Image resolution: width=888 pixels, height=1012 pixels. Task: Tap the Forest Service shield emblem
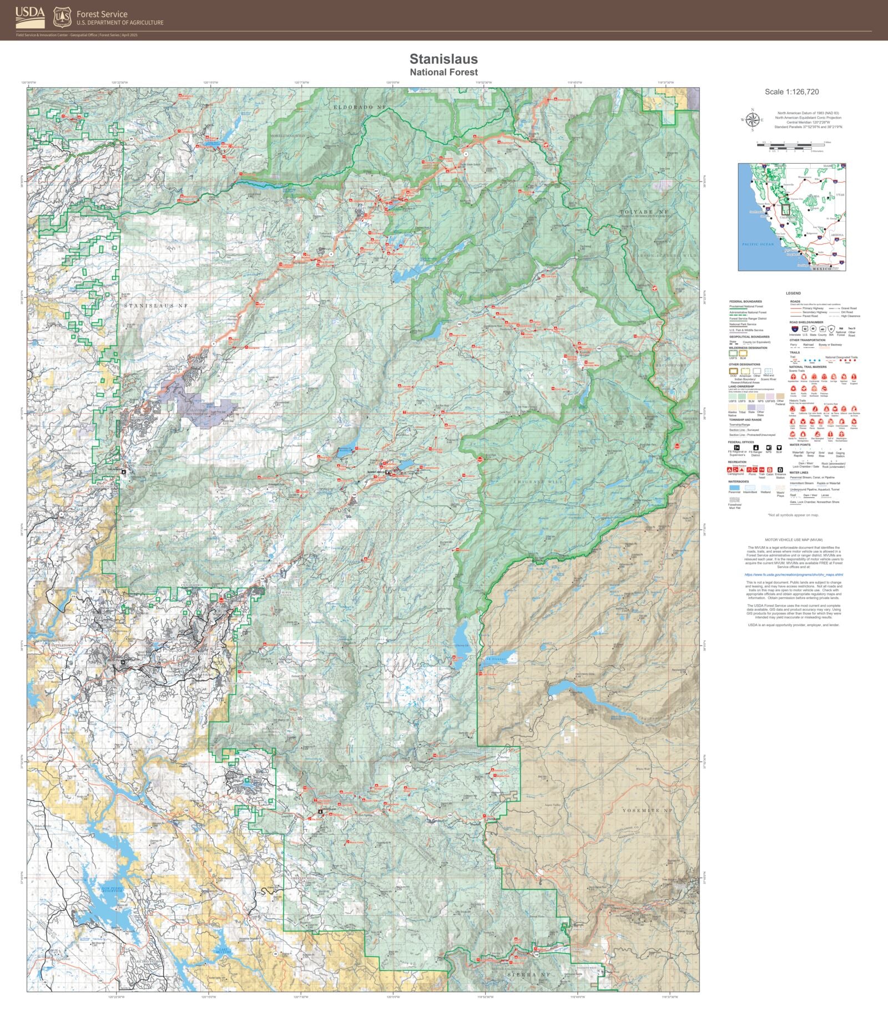62,17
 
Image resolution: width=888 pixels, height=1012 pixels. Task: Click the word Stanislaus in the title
443,59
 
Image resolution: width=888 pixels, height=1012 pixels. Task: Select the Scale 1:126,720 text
791,92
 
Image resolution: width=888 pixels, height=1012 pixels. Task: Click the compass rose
753,120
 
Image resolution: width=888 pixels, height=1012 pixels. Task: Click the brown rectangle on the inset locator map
785,210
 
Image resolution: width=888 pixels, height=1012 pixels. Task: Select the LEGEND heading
793,293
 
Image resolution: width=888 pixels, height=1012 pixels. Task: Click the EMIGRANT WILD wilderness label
538,482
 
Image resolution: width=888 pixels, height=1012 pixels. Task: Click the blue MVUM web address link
793,575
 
